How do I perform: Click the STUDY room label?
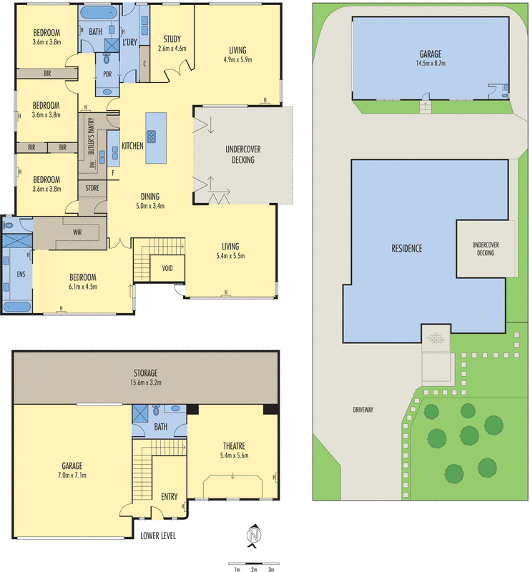point(172,39)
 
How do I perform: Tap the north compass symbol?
point(254,536)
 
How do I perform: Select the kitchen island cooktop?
point(151,137)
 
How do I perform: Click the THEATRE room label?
point(234,445)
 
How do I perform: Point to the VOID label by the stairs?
point(167,269)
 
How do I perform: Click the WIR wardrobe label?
point(77,232)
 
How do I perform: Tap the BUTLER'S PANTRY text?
point(92,136)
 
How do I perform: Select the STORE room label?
point(92,188)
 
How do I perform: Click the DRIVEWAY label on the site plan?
point(363,410)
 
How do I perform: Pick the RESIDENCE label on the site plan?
point(407,249)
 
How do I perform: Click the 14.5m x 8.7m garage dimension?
point(431,63)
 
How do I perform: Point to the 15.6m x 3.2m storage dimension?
point(146,383)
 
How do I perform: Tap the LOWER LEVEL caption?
point(158,536)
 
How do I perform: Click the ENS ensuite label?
point(21,274)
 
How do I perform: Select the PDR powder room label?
point(107,74)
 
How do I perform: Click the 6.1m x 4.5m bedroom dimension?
point(83,287)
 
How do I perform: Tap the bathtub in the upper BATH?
point(98,13)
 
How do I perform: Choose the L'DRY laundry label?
point(129,42)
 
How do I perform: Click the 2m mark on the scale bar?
point(254,569)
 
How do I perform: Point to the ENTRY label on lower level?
point(170,496)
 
